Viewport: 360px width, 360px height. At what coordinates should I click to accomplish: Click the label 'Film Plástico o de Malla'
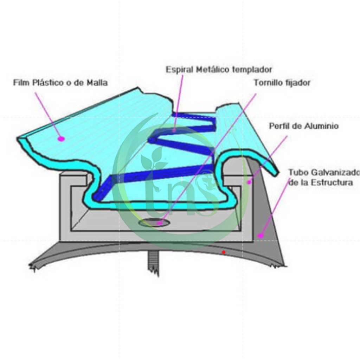pyautogui.click(x=60, y=83)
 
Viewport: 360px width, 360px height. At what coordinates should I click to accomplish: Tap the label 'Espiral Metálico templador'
pyautogui.click(x=219, y=70)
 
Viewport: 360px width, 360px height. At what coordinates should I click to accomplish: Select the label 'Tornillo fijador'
pyautogui.click(x=282, y=83)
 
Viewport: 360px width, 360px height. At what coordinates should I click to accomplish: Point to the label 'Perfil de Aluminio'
pyautogui.click(x=304, y=126)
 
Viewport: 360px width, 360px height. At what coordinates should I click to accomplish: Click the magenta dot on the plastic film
pyautogui.click(x=61, y=139)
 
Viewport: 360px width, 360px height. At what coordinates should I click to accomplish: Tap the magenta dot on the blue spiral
pyautogui.click(x=174, y=130)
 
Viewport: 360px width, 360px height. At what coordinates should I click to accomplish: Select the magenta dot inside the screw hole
pyautogui.click(x=159, y=223)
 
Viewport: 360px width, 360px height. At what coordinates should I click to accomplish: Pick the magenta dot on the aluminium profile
pyautogui.click(x=249, y=182)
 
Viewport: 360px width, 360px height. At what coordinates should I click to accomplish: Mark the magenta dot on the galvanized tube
pyautogui.click(x=261, y=235)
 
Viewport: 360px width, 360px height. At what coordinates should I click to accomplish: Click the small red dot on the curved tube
pyautogui.click(x=224, y=252)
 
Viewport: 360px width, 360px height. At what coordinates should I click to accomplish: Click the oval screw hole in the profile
pyautogui.click(x=154, y=222)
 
